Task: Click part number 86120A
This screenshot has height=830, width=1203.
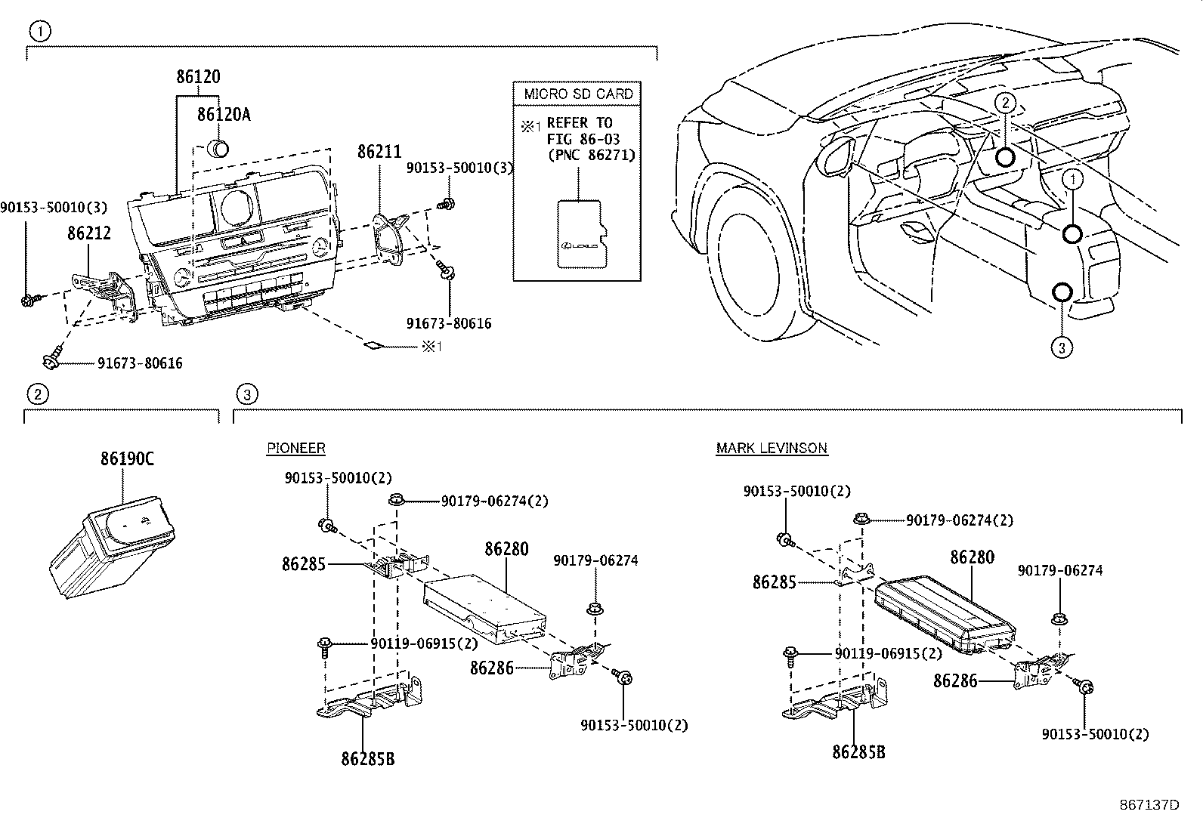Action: tap(223, 115)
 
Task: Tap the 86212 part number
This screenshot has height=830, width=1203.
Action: tap(88, 233)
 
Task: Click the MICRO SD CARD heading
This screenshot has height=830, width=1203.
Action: tap(578, 94)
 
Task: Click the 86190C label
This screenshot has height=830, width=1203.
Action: tap(127, 458)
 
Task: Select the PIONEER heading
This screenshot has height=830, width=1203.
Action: tap(295, 448)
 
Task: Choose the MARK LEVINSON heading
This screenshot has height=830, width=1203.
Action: tap(772, 448)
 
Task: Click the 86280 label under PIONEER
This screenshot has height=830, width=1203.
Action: tap(506, 549)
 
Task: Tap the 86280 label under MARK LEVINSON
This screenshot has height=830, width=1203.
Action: tap(972, 557)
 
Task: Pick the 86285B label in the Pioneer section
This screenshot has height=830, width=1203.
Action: tap(367, 758)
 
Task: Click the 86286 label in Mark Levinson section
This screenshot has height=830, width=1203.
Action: tap(955, 681)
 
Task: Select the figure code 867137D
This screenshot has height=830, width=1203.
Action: tap(1149, 805)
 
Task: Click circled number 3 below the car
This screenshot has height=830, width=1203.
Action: tap(1061, 347)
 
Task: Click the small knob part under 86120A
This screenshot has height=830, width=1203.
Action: tap(218, 147)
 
